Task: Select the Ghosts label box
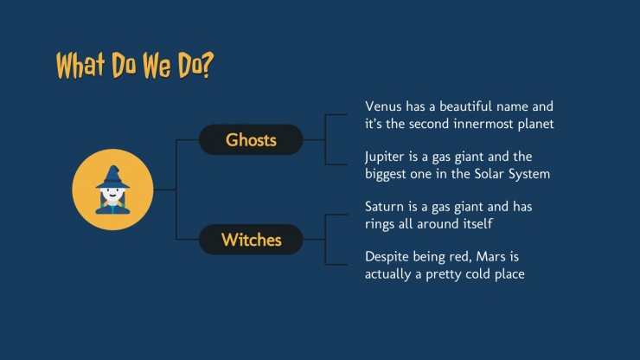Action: point(251,139)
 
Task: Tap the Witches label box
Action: point(251,240)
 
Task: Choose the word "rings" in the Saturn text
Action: point(383,224)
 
